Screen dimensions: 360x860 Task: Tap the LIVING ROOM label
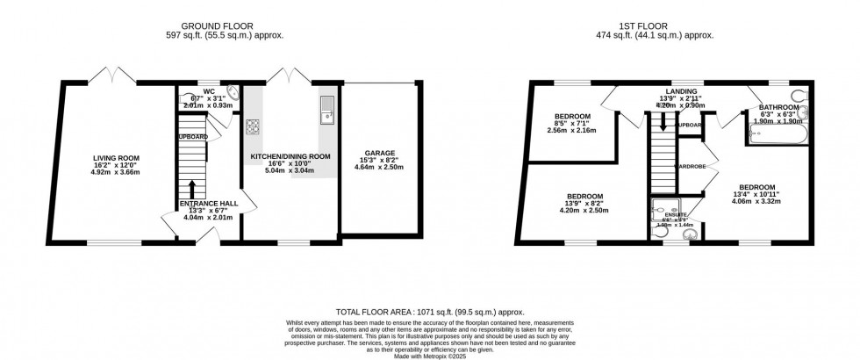point(117,158)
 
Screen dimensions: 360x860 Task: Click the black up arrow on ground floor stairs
point(190,188)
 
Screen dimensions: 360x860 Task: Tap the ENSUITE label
point(675,214)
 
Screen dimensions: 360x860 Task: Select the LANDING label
point(681,91)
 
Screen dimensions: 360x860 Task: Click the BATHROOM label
point(778,107)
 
